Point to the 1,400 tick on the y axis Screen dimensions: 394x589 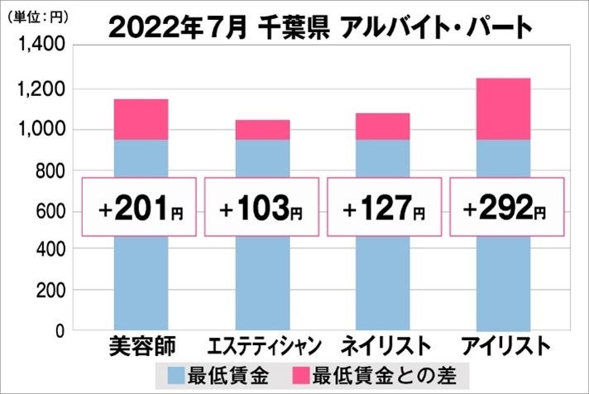[36, 48]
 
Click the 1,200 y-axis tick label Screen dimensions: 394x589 [36, 89]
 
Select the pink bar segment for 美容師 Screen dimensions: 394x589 [140, 119]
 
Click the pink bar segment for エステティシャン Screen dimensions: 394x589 [262, 130]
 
